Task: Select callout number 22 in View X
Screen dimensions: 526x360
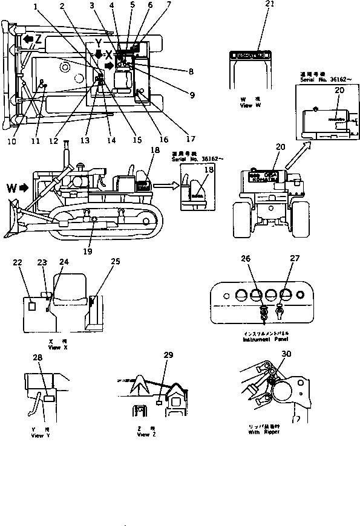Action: [18, 262]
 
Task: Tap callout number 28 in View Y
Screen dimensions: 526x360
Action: [39, 359]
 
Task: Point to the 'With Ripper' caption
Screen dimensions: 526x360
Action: [263, 433]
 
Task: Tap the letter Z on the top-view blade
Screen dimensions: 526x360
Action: [38, 39]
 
